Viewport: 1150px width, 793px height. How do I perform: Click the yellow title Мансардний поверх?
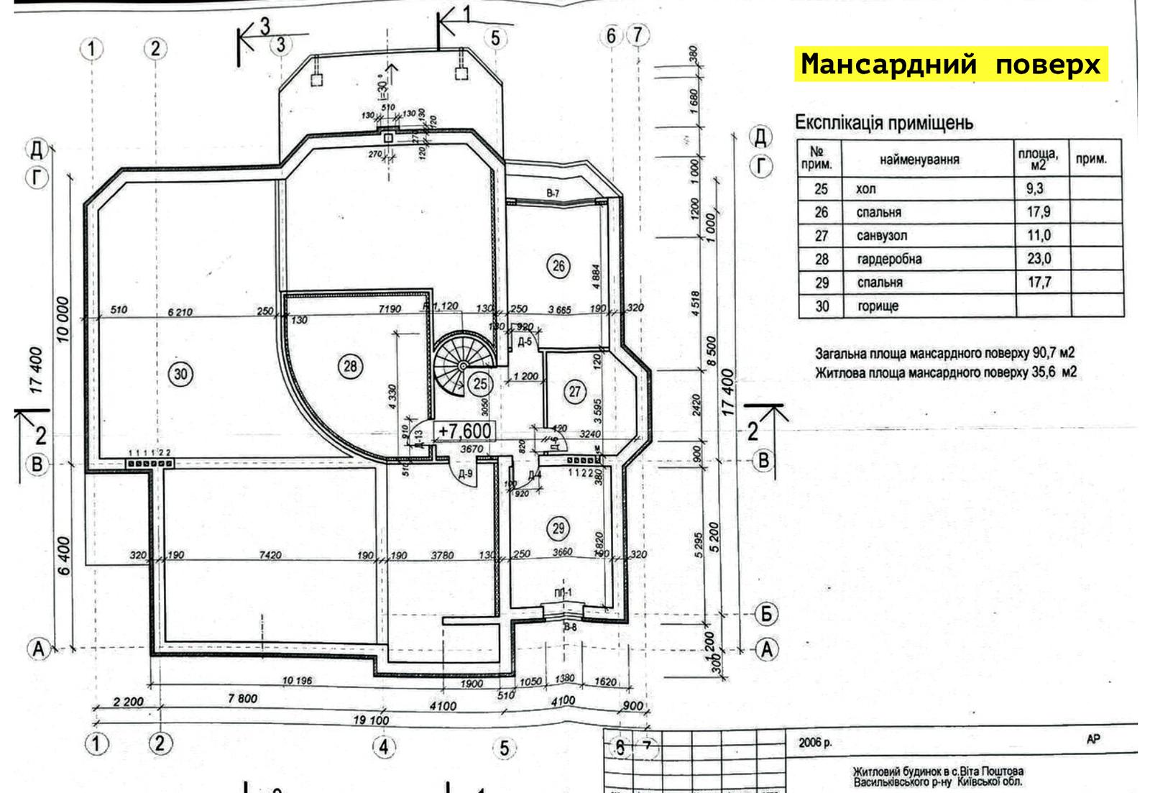tap(950, 64)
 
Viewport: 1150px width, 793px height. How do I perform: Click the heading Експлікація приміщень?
tap(883, 123)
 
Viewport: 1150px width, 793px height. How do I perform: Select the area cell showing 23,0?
tap(1039, 259)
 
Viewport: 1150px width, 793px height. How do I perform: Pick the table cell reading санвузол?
tap(882, 236)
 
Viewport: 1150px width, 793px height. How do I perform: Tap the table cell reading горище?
tap(878, 306)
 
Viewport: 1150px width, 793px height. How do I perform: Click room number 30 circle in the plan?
tap(180, 373)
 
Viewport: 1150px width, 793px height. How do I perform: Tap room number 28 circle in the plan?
tap(350, 367)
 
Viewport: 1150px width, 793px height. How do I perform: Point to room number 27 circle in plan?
tap(575, 392)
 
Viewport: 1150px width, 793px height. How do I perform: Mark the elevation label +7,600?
tap(465, 431)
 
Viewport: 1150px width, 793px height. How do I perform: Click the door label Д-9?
tap(465, 474)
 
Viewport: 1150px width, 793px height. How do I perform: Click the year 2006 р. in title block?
tap(815, 743)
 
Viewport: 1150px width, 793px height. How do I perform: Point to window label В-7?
tap(552, 193)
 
